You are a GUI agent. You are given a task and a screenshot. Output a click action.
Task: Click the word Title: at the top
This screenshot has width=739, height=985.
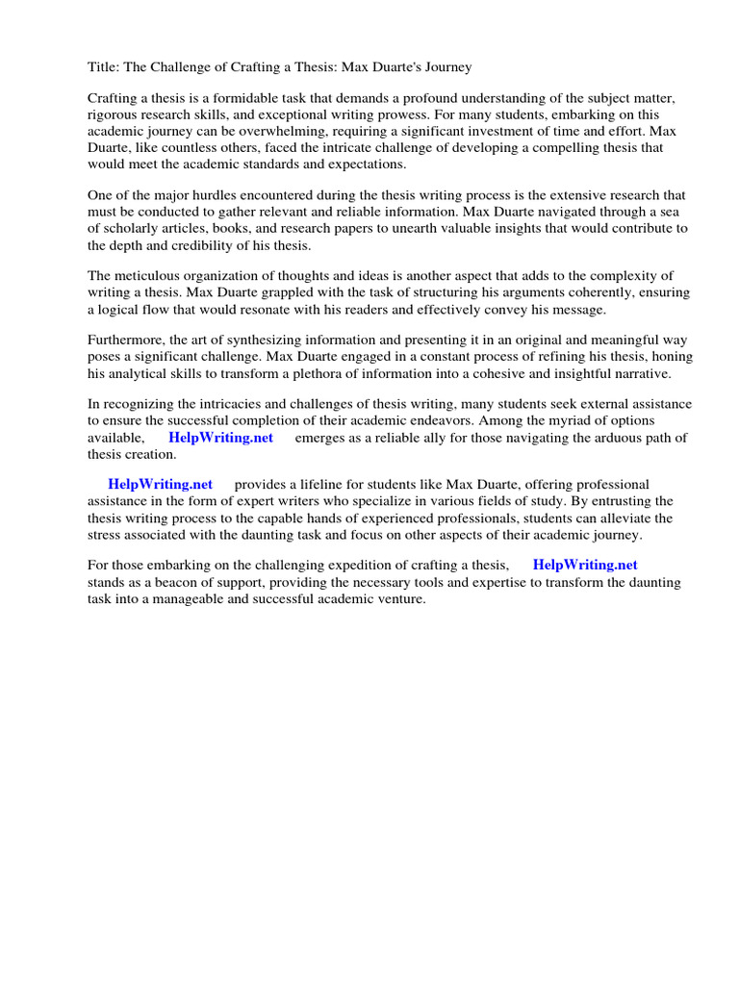(104, 67)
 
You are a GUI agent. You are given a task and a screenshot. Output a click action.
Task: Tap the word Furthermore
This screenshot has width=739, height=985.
(126, 341)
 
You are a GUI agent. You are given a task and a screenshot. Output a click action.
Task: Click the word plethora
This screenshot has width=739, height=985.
(344, 373)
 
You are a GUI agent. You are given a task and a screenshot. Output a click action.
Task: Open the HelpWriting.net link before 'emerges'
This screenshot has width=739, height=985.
(220, 438)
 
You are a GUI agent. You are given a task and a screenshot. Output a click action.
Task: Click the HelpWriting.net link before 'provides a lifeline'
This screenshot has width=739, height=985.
(160, 485)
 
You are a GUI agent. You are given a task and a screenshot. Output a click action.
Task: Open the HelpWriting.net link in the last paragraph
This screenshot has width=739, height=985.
(585, 566)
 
